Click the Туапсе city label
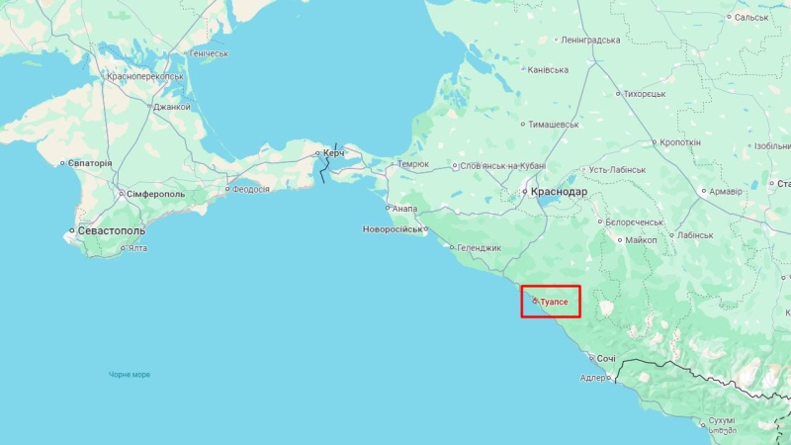click(x=554, y=301)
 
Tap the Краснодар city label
click(x=559, y=192)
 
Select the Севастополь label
click(x=111, y=230)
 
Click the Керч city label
click(x=334, y=153)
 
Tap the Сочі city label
click(x=606, y=358)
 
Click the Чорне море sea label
click(x=130, y=375)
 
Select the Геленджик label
click(x=480, y=247)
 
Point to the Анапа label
click(x=404, y=209)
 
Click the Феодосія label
click(x=250, y=189)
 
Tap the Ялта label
click(x=137, y=248)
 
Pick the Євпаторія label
click(x=91, y=163)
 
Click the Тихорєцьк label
click(x=645, y=94)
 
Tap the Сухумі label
click(x=723, y=420)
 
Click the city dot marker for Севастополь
click(x=71, y=231)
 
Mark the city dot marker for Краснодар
click(x=524, y=192)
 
